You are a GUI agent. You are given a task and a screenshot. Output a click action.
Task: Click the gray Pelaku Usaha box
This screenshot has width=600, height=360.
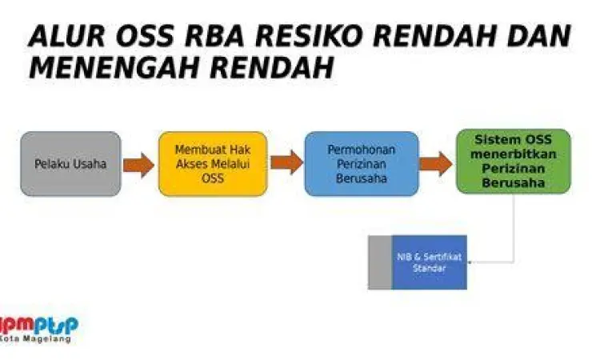point(70,164)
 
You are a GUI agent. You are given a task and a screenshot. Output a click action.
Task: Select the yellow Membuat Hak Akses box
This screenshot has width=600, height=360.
point(212,164)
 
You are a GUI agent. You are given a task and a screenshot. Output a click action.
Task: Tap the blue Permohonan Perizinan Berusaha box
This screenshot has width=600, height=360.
point(362,164)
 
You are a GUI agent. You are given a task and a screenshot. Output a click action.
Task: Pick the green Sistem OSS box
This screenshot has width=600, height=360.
point(513,161)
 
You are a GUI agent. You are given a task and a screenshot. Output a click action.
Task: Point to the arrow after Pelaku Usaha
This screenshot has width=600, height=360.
point(139,165)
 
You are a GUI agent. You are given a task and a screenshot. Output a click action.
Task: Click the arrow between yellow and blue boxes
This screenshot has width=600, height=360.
point(286,162)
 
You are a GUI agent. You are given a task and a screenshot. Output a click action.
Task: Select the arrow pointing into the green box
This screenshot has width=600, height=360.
point(435,164)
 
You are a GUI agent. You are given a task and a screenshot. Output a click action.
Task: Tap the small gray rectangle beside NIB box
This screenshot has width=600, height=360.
point(379,262)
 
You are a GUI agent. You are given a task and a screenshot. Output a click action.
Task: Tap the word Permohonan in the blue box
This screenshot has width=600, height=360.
point(362,150)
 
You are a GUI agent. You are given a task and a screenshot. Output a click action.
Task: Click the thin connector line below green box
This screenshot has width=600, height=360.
point(512,232)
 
